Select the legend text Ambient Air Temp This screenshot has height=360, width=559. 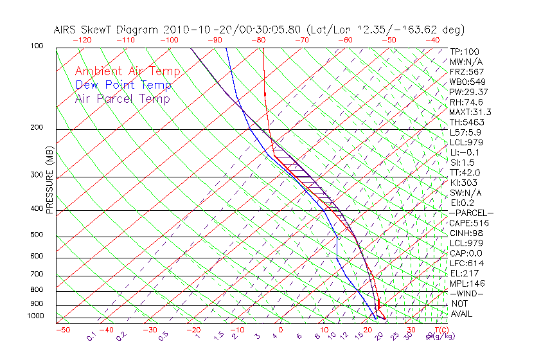[x=127, y=71]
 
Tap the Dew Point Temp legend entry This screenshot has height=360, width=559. [x=123, y=85]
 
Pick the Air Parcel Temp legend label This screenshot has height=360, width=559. [x=122, y=98]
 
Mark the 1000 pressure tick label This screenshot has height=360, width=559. [x=36, y=316]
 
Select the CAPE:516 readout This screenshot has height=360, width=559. [x=469, y=223]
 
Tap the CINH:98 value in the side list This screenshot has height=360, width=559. [x=466, y=233]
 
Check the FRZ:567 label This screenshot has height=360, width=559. [x=466, y=72]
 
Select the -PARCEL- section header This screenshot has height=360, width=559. [x=471, y=213]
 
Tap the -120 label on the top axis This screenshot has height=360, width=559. [x=82, y=39]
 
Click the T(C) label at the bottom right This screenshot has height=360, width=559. [x=440, y=330]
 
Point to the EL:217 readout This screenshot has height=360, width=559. [x=465, y=273]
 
